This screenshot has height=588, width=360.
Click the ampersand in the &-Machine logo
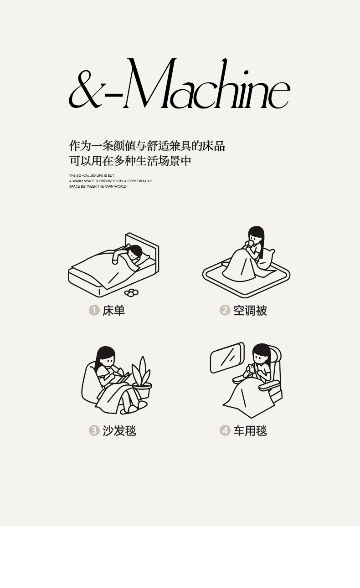point(85,90)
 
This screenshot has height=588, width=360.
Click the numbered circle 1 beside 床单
point(94,310)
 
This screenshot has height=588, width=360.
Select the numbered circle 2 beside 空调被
point(225,310)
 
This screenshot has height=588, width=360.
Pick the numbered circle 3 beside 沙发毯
point(94,430)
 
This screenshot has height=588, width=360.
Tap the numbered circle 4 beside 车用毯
point(225,430)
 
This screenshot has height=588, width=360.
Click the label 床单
point(114,311)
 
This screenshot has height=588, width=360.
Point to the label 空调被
point(250,311)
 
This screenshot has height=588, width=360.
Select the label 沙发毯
point(119,431)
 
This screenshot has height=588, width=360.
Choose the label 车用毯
point(250,431)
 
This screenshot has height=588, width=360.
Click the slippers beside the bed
point(131,292)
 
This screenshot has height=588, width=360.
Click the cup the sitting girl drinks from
point(251,243)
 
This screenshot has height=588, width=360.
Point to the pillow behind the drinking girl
point(267,259)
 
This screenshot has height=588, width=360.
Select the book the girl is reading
point(123,378)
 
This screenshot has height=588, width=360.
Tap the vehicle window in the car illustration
point(227,358)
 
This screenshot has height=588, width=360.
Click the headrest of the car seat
point(276,353)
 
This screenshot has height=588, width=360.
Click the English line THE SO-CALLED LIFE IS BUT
point(92,176)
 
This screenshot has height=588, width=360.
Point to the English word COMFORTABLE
point(140,181)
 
